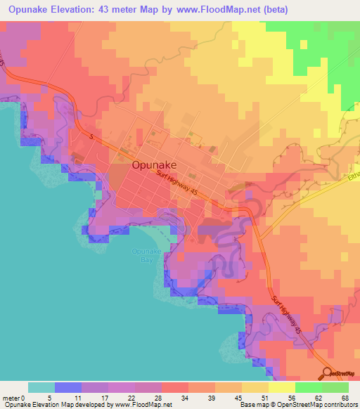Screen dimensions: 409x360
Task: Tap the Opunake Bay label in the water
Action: coord(142,256)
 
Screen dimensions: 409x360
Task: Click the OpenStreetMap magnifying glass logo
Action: coord(328,373)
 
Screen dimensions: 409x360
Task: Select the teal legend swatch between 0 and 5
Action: coord(41,387)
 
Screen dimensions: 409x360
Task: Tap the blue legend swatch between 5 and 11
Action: coord(68,387)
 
